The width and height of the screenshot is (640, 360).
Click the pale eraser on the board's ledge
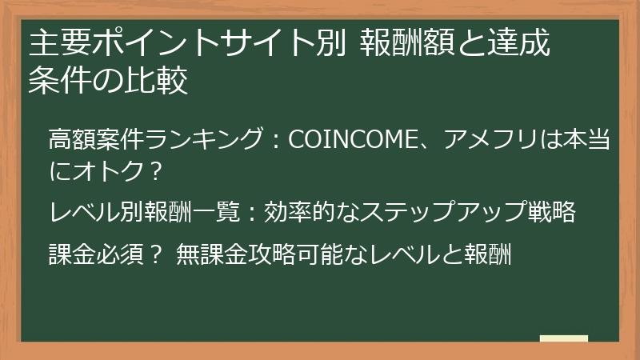[x=563, y=339]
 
